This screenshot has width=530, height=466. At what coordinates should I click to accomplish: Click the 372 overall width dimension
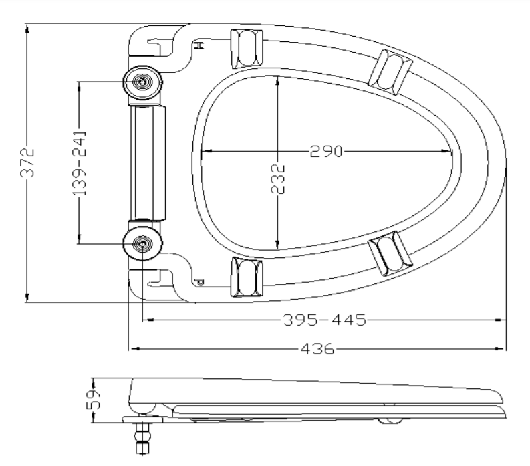coord(27,162)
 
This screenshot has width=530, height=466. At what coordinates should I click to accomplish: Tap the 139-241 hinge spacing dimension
coord(80,163)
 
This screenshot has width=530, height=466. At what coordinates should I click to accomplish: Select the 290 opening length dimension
coord(326,151)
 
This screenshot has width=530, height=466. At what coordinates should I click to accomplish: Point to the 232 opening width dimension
coord(278,179)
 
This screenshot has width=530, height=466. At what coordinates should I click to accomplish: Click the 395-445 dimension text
coord(325,320)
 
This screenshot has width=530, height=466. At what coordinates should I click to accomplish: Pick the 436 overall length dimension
coord(317,348)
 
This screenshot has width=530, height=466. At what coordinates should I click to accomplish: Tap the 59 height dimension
coord(94,400)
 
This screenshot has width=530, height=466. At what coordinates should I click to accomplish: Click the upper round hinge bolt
coord(142,82)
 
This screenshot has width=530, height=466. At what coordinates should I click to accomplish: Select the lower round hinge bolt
coord(142,243)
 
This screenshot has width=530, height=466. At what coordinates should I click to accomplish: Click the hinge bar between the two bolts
coord(148,162)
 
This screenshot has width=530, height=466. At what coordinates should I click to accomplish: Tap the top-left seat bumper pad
coord(247,49)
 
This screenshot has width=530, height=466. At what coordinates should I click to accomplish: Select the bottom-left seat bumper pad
coord(247,277)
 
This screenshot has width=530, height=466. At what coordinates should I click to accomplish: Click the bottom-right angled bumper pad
coord(390,253)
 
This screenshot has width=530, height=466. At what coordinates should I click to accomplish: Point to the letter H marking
coord(199,45)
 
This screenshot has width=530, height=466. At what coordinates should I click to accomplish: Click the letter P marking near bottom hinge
coord(199,282)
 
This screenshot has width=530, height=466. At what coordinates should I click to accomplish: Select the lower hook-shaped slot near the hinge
coord(159,279)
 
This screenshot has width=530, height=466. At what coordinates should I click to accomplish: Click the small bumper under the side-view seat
coord(390,421)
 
